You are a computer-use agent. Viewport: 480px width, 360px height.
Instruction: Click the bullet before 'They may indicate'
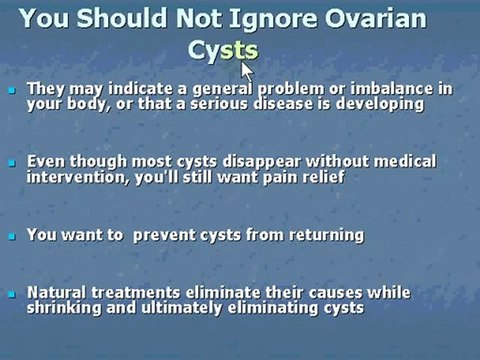coord(12,90)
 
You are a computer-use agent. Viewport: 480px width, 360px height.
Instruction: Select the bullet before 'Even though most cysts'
coord(12,162)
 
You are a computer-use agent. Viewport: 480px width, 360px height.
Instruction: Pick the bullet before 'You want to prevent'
coord(12,236)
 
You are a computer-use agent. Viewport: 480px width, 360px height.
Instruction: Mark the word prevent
coord(176,235)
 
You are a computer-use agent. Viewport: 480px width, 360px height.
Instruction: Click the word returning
coord(323,235)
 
